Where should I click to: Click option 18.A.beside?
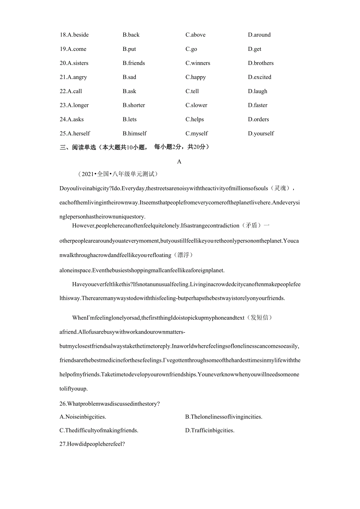click(x=74, y=35)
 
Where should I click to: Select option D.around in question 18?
click(x=259, y=35)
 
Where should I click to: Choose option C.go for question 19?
click(x=191, y=49)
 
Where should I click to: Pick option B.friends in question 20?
click(x=133, y=63)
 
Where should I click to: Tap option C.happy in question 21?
click(x=195, y=77)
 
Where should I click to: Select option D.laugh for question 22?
click(x=257, y=91)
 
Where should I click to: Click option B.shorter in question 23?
click(x=133, y=105)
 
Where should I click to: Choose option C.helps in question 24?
click(x=194, y=119)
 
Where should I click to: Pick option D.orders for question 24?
click(x=258, y=119)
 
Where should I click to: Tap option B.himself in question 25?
click(x=134, y=133)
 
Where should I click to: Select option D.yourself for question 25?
click(x=261, y=133)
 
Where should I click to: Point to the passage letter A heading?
click(x=179, y=162)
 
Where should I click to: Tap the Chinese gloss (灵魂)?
click(x=281, y=188)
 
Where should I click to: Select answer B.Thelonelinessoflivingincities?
click(x=223, y=417)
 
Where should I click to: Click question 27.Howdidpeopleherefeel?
click(x=92, y=444)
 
